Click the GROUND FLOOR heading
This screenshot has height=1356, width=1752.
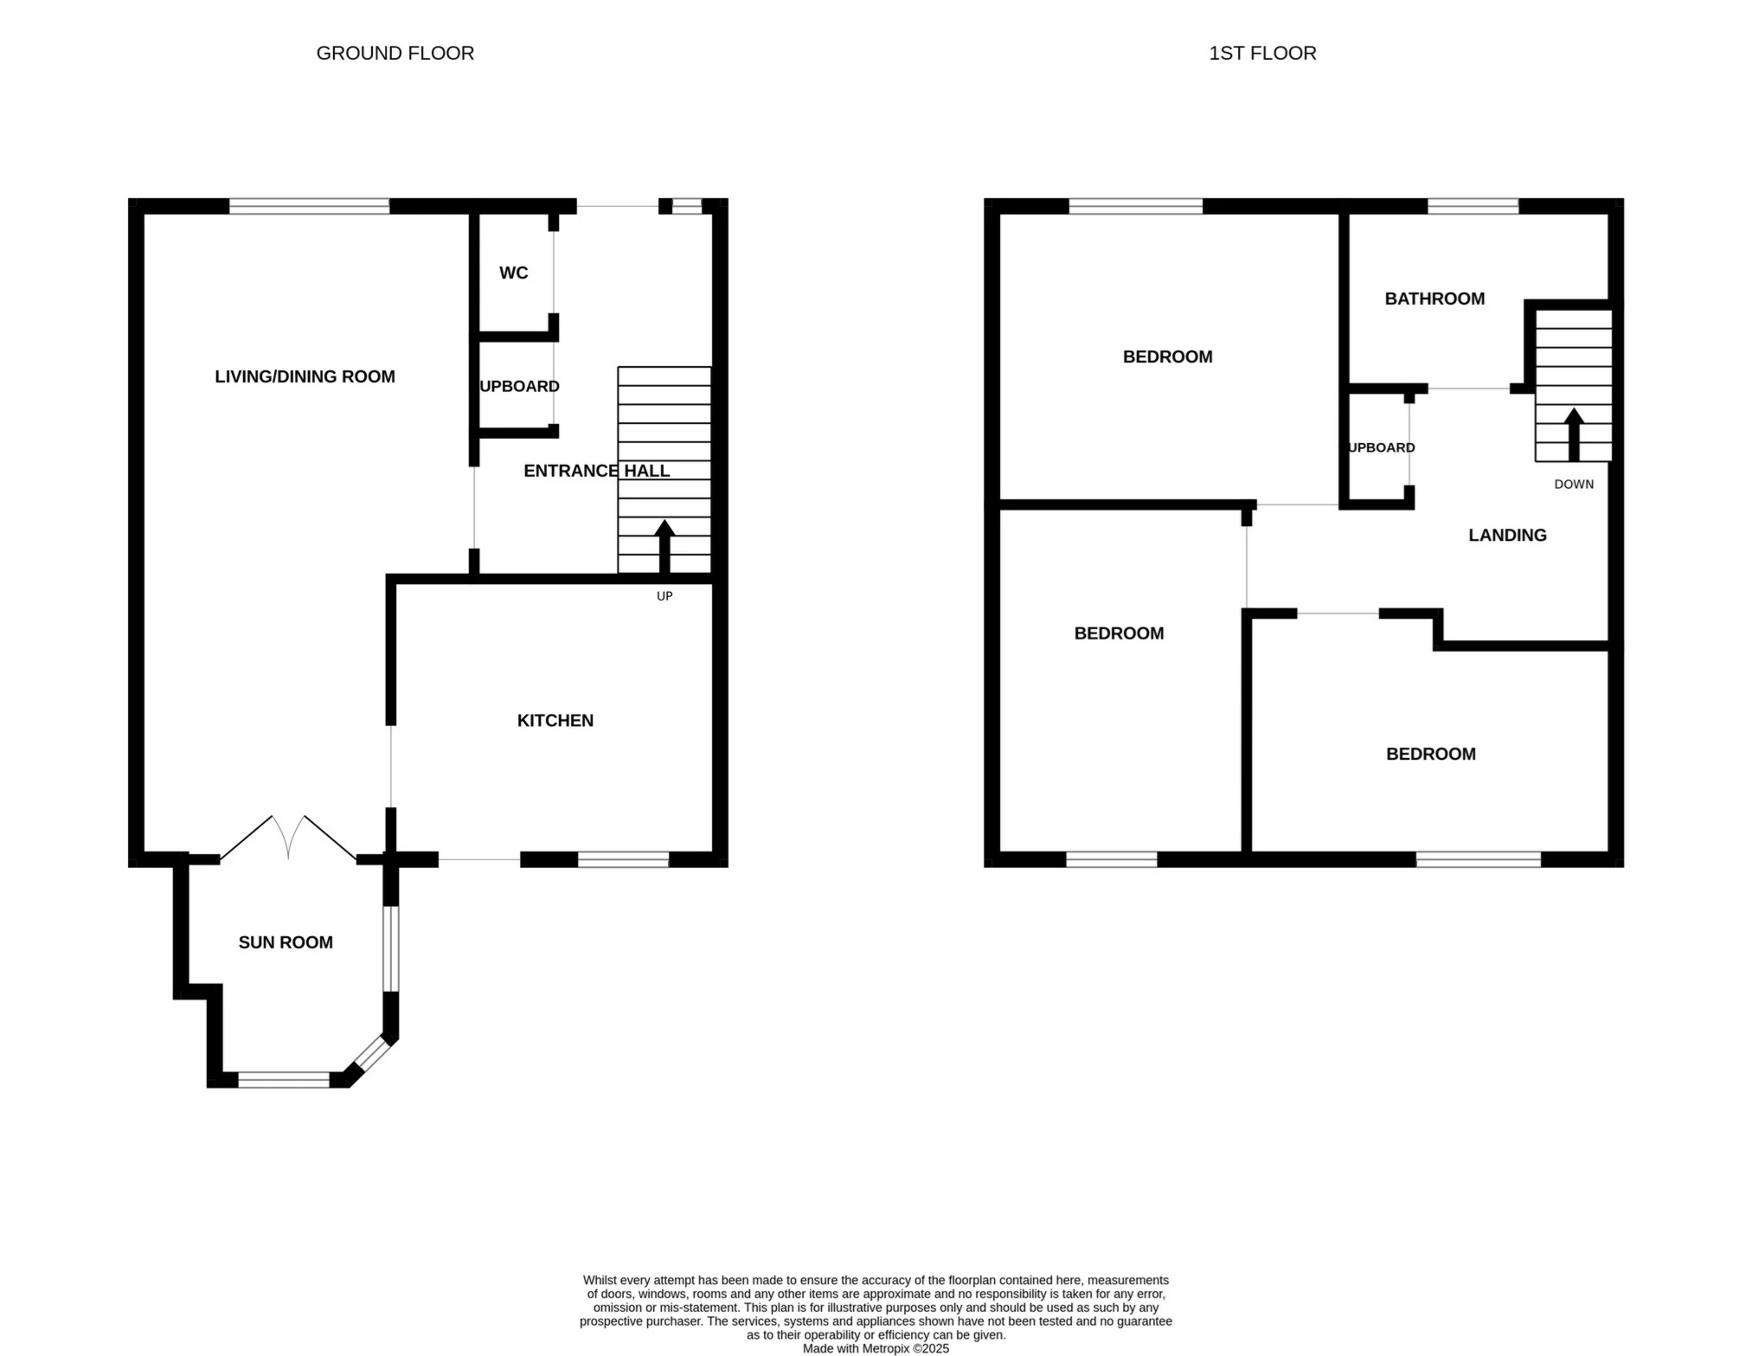395,53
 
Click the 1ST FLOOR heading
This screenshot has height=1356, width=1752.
1261,53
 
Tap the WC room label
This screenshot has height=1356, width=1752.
513,273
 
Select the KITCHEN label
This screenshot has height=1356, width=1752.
555,720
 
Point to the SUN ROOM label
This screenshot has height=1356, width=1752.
286,942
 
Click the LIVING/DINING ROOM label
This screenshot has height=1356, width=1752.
305,376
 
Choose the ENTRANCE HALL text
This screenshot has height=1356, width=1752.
596,471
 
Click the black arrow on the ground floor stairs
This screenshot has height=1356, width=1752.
664,546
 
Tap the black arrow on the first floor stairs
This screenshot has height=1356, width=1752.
1573,434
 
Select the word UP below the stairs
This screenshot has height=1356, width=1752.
664,596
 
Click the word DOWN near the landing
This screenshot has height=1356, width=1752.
1573,485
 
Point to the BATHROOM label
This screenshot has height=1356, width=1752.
1434,299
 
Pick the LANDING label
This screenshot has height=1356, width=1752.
1507,535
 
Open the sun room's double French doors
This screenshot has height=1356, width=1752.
288,838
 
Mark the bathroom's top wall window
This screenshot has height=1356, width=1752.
1473,206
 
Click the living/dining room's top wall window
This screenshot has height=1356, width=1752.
309,206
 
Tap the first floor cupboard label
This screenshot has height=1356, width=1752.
1382,447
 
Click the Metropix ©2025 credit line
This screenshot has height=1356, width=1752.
875,1348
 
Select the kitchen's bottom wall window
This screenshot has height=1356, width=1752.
623,859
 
